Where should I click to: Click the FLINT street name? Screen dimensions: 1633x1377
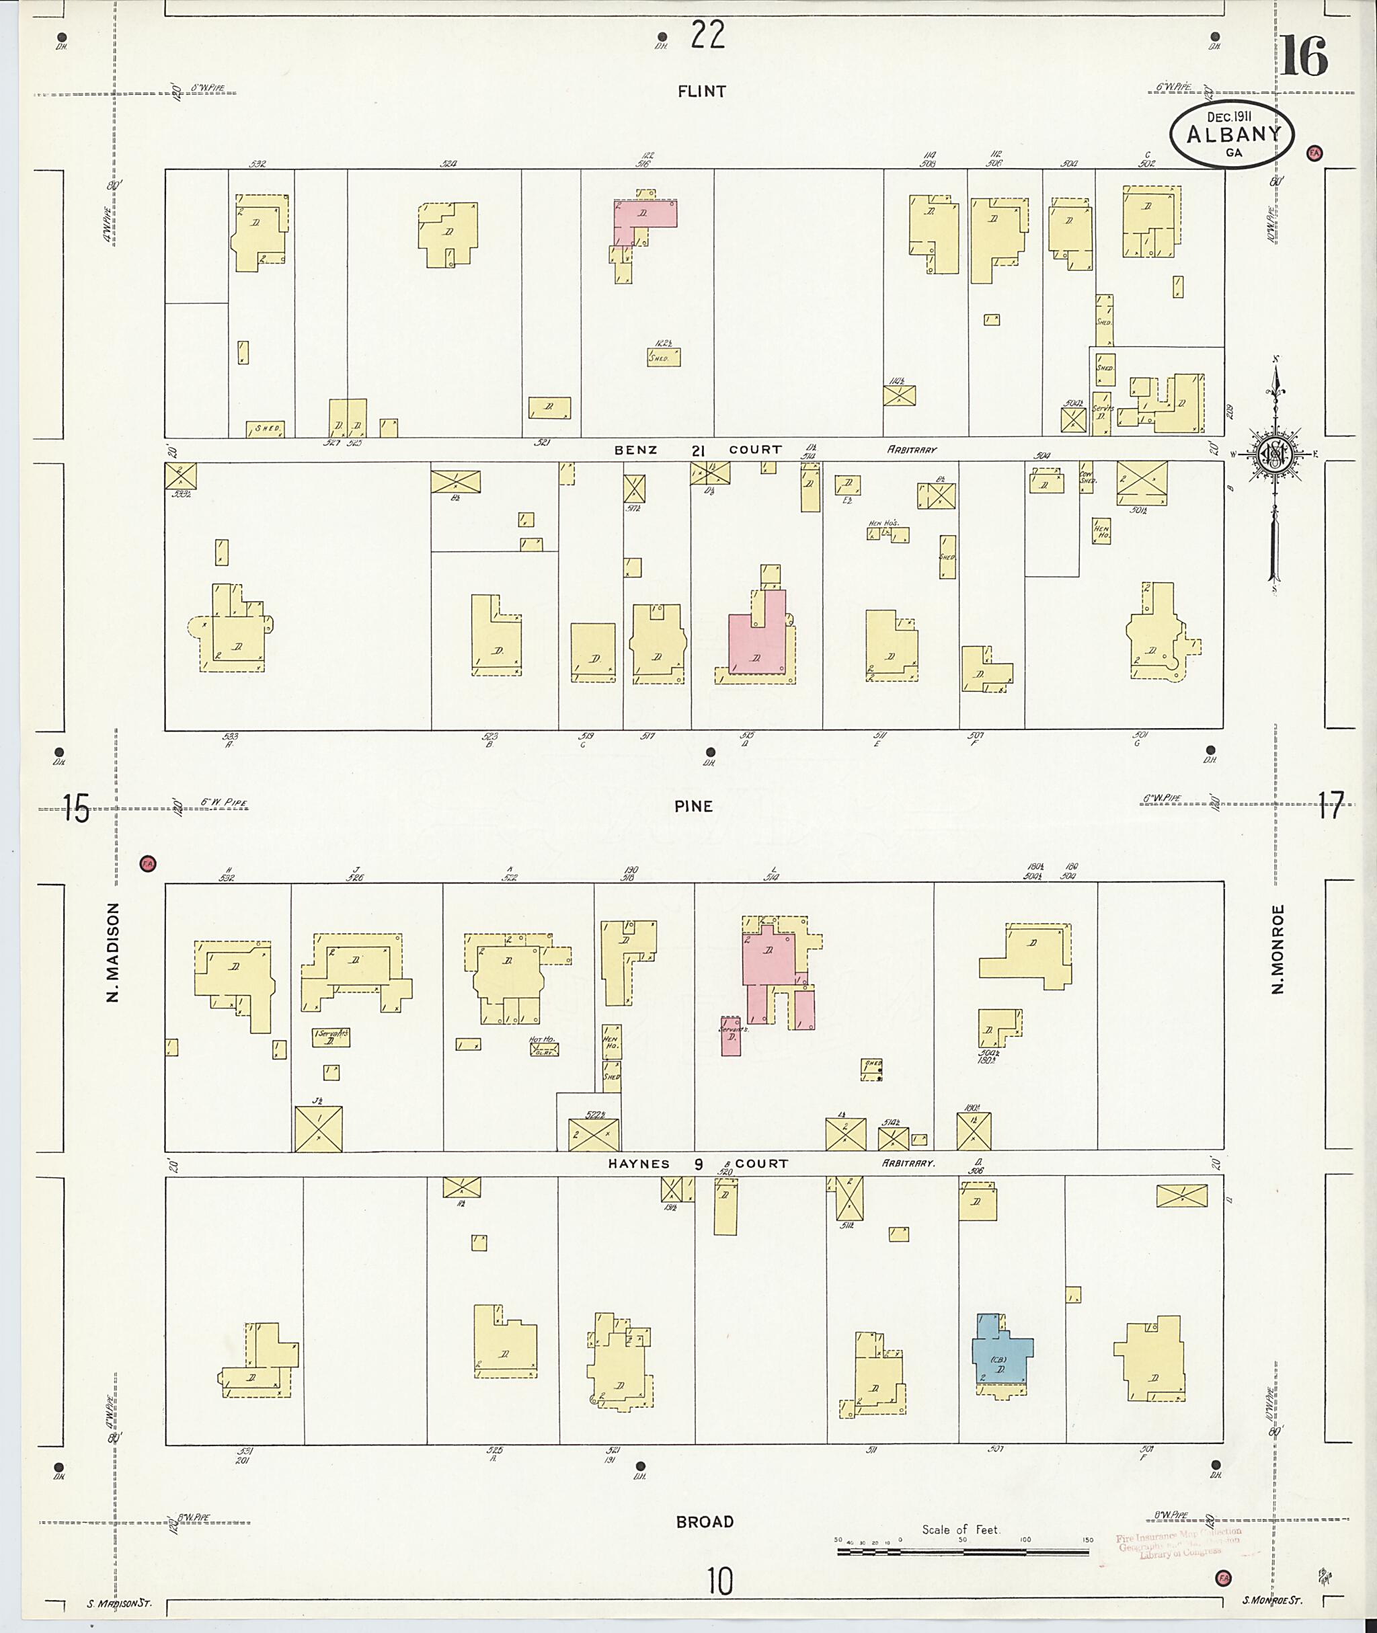pos(701,91)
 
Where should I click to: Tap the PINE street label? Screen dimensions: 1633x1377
pos(694,806)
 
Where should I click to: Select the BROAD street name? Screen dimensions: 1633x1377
pos(704,1521)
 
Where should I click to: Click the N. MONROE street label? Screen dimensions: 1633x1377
pos(1278,949)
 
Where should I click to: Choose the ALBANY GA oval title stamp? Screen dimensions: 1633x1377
pos(1232,135)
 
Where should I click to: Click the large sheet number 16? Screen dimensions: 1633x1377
pos(1304,56)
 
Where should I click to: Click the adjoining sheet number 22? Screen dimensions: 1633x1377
pos(707,35)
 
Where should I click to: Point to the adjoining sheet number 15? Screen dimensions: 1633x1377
pos(77,808)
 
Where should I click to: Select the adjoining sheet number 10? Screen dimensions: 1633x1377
pos(719,1583)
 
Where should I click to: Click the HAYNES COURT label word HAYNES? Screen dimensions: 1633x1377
pos(639,1164)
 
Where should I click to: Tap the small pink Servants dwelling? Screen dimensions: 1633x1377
pos(731,1036)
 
